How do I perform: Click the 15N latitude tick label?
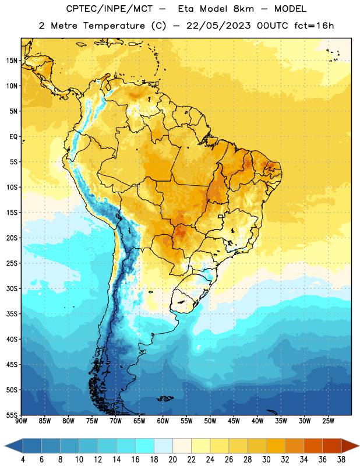(x=12, y=61)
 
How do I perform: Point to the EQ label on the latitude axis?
(x=13, y=137)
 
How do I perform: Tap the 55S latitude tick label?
(x=12, y=415)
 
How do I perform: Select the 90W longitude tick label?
(x=21, y=421)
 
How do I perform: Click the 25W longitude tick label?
(x=328, y=421)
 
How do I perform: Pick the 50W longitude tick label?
(x=210, y=421)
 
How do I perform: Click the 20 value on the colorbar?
(x=172, y=460)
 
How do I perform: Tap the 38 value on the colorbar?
(x=341, y=460)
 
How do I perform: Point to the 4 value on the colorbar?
(x=23, y=460)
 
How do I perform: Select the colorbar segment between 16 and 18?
(x=144, y=446)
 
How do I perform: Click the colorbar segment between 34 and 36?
(x=313, y=446)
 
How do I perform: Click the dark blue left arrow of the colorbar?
(x=13, y=446)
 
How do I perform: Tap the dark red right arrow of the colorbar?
(x=351, y=446)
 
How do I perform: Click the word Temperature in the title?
(x=114, y=26)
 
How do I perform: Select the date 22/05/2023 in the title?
(x=218, y=26)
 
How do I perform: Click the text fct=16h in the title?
(x=314, y=26)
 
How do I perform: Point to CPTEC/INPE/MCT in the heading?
(x=109, y=9)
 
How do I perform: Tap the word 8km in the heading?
(x=243, y=9)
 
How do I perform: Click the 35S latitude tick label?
(x=12, y=314)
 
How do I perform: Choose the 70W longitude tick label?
(x=116, y=421)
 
